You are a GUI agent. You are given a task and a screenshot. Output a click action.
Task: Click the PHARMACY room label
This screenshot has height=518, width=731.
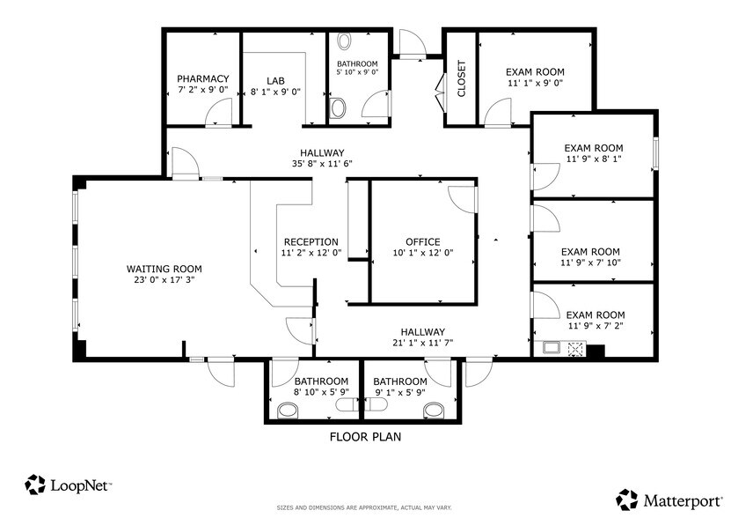[202, 78]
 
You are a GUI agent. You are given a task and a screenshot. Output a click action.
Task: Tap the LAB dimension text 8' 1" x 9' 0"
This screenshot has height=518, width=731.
[276, 91]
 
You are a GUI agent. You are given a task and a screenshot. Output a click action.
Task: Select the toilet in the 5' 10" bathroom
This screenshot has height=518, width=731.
[339, 108]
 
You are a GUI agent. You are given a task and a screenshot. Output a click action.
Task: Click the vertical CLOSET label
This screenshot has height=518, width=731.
[462, 78]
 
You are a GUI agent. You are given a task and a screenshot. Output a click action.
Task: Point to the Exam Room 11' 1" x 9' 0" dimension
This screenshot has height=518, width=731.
[534, 84]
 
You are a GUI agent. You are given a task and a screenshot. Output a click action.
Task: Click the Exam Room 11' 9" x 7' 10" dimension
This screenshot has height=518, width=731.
[590, 263]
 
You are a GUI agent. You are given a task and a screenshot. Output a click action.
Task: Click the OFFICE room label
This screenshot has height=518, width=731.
[422, 242]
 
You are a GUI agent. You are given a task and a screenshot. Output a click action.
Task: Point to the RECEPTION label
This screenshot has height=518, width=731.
[311, 242]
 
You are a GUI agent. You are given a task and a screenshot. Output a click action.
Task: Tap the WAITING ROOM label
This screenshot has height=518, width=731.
[164, 269]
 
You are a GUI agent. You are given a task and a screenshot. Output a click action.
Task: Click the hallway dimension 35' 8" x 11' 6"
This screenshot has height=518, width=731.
[321, 164]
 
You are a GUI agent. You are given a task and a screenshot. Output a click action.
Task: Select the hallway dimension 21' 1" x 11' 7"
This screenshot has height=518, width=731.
[422, 344]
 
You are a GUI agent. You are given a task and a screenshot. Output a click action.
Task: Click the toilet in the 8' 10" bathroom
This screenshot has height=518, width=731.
[288, 410]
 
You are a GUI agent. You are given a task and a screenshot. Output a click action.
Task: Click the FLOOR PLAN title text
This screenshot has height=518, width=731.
[366, 436]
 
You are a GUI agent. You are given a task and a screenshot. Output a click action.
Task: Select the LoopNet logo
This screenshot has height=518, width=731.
[69, 485]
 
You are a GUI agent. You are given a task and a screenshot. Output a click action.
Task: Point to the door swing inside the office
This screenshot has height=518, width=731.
[462, 199]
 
